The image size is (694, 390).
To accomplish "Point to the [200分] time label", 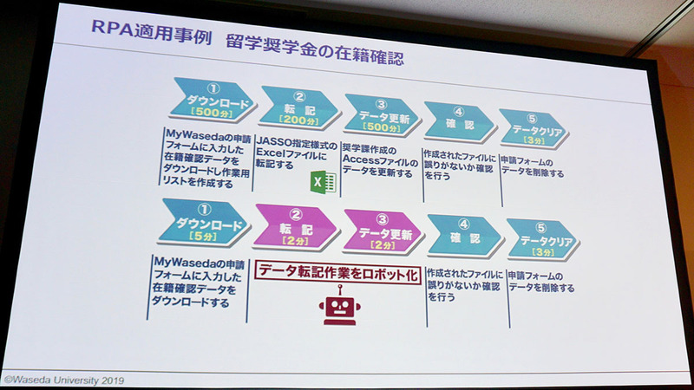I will [x=297, y=120].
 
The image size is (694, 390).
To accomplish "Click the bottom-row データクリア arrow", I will [x=541, y=238].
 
